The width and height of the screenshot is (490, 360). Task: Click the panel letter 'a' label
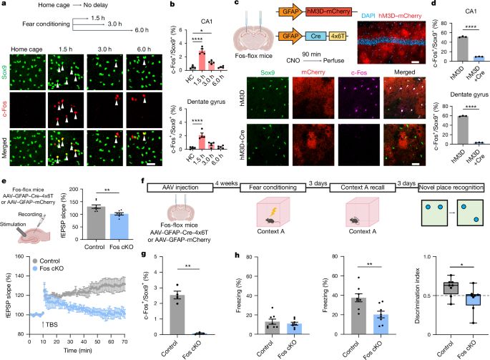4,6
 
